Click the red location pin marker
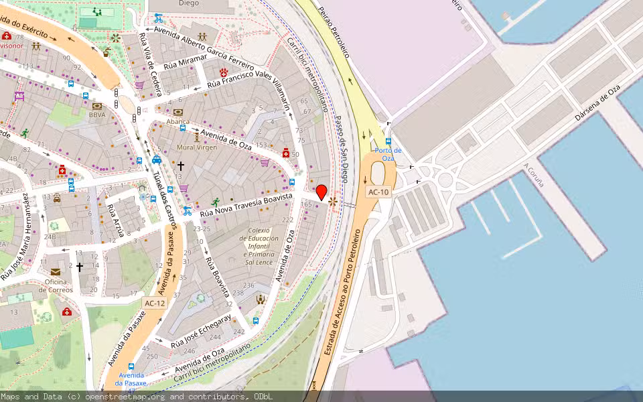coord(321,192)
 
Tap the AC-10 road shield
coord(378,192)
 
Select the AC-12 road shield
coord(155,303)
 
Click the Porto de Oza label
coord(388,155)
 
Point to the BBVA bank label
coord(98,115)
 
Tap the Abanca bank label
coord(178,121)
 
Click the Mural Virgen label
coord(197,147)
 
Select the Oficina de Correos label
coord(55,285)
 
